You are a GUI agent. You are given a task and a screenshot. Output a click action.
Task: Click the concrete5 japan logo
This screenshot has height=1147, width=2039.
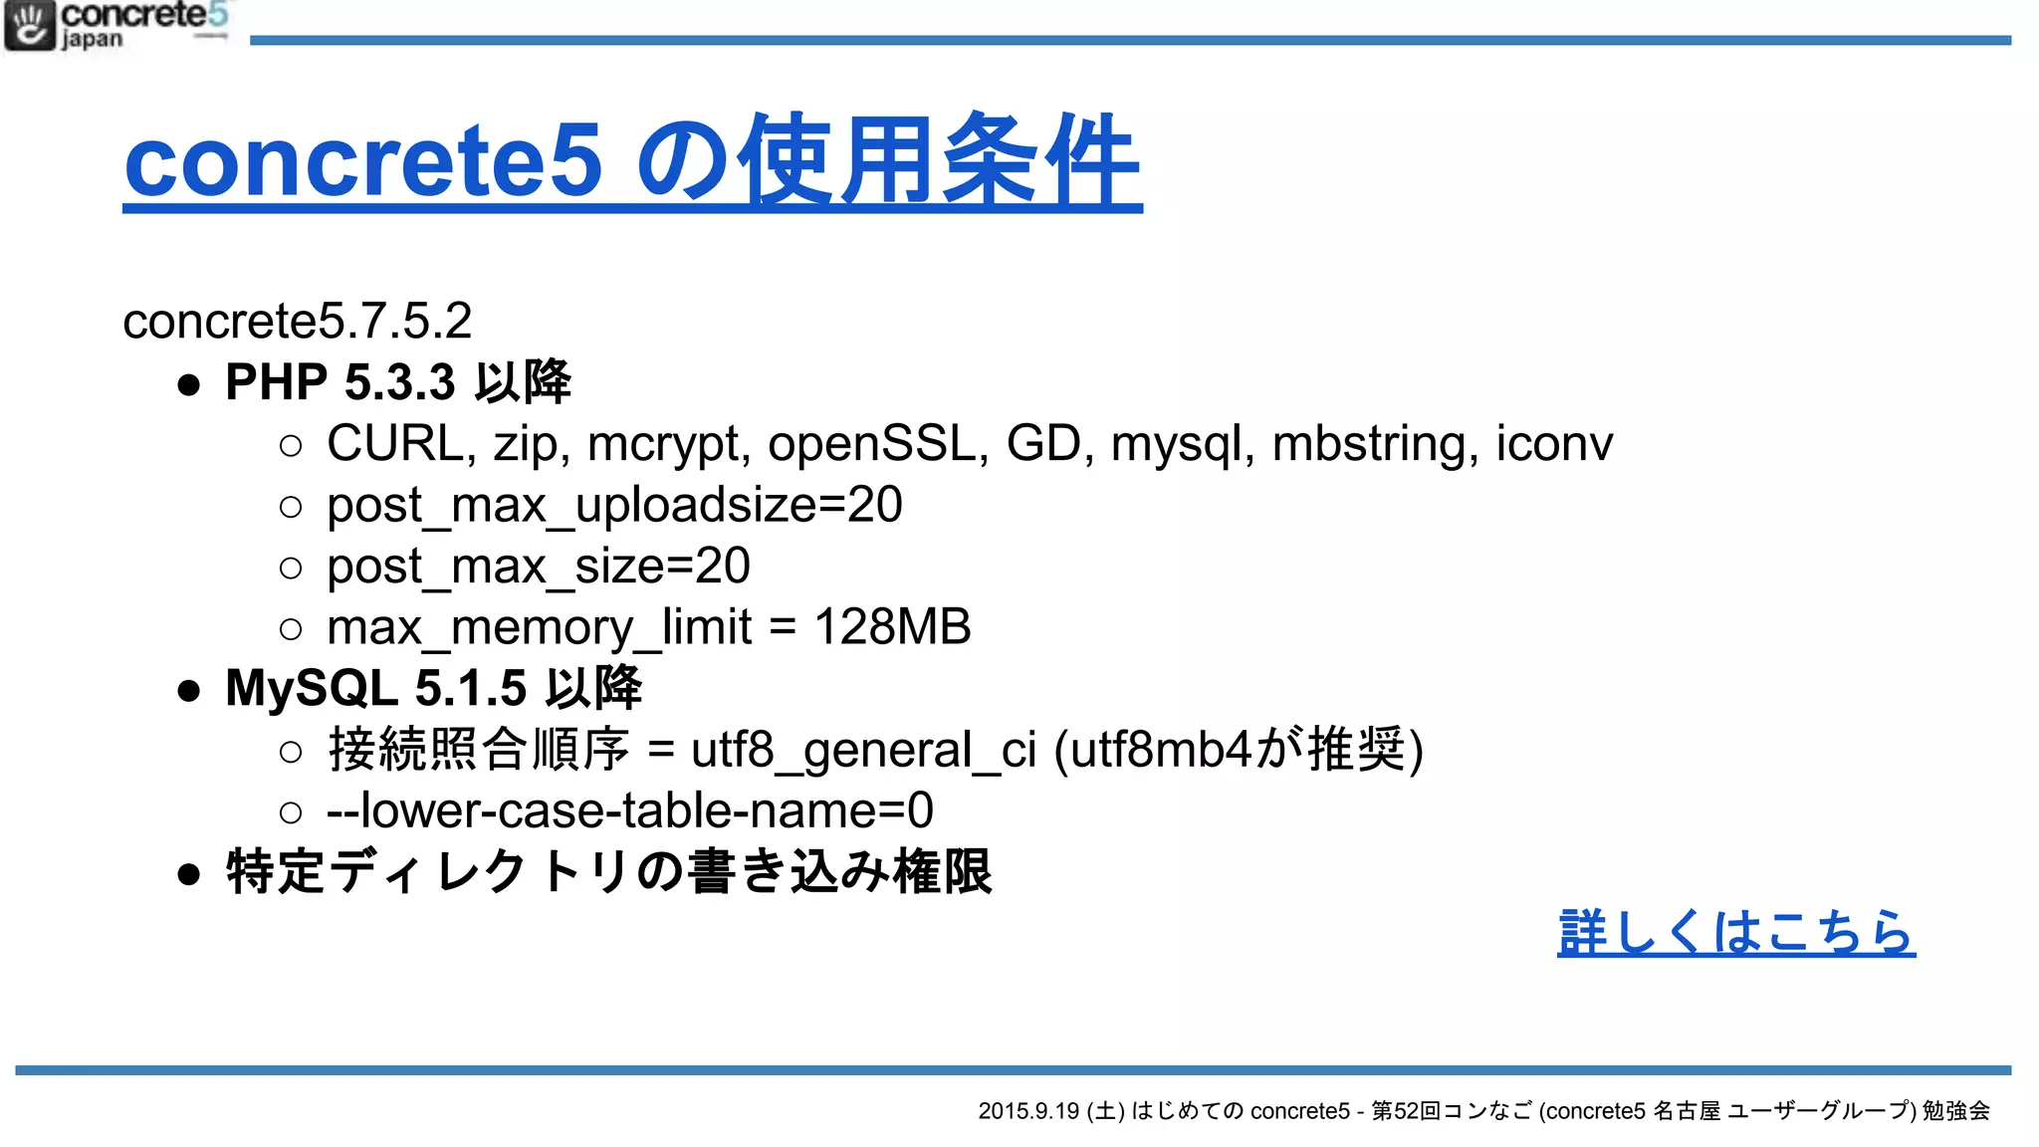[x=116, y=26]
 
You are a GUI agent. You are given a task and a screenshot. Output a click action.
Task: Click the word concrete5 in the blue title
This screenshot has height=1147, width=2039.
[x=363, y=160]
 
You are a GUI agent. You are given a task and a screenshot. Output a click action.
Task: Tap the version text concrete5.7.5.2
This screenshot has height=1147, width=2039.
[x=297, y=321]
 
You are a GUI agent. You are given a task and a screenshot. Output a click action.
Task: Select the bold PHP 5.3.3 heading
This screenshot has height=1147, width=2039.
[x=398, y=382]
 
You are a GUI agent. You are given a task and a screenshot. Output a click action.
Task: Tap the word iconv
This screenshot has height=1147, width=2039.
[x=1554, y=443]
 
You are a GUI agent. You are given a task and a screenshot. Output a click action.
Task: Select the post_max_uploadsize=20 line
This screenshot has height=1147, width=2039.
[x=614, y=506]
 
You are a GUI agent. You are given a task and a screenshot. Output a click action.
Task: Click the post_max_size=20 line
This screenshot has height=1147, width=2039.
[x=539, y=568]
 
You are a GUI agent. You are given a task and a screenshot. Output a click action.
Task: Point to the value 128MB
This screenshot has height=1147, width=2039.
[x=892, y=627]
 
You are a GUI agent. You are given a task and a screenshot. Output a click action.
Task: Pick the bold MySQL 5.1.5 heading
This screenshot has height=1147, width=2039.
[x=434, y=688]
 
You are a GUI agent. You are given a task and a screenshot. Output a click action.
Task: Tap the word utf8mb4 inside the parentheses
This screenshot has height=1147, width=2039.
[x=1161, y=750]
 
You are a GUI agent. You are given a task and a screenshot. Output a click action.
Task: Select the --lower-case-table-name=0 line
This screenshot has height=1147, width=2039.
[x=630, y=810]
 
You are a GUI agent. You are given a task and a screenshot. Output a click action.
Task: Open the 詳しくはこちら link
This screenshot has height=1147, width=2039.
[x=1735, y=933]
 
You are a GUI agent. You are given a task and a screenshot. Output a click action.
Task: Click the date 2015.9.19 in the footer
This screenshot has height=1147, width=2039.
[x=1028, y=1111]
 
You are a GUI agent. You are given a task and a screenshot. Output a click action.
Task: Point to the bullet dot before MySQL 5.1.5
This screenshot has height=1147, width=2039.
[x=189, y=690]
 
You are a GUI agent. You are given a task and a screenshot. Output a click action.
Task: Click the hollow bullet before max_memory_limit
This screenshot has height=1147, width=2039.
[x=291, y=629]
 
